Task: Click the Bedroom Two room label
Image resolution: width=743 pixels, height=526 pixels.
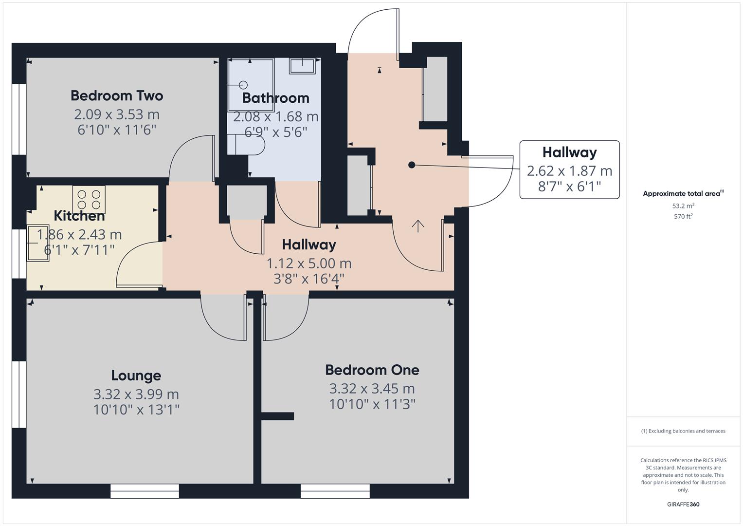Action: pos(117,95)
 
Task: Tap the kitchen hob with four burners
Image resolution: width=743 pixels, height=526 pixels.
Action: pos(89,199)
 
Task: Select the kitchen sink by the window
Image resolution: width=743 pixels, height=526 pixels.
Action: pos(38,243)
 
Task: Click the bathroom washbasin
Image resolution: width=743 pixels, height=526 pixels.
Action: pos(302,65)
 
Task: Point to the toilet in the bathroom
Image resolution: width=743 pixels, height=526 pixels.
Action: pos(247,145)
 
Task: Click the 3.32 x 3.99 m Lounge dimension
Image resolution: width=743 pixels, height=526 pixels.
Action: pos(136,394)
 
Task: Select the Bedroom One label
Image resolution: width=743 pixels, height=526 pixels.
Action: pos(372,370)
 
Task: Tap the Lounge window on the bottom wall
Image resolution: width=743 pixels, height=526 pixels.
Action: pos(145,491)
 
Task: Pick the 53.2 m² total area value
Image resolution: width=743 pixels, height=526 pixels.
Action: pos(683,206)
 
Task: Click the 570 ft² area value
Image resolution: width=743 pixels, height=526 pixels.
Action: pos(683,217)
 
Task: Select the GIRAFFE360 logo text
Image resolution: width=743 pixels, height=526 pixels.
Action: pos(683,505)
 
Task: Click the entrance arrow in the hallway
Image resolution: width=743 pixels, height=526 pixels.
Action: pos(418,225)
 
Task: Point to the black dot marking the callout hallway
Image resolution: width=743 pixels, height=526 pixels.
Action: pos(412,165)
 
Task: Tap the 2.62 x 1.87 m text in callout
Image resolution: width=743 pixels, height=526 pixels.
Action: pos(569,171)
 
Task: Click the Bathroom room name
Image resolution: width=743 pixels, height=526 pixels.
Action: pos(275,98)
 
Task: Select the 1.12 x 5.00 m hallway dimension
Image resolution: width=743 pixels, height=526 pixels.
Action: pos(309,263)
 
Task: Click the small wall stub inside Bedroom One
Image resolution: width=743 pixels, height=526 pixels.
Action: pos(278,416)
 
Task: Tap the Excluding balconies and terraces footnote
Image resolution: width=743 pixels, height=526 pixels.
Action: pos(683,431)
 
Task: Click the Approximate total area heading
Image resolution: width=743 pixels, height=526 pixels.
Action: pos(683,193)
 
